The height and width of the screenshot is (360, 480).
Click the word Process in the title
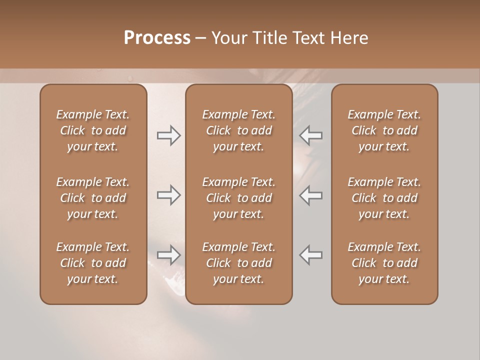click(x=157, y=38)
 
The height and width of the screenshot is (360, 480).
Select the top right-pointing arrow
click(x=169, y=135)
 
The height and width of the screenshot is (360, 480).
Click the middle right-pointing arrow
click(x=169, y=195)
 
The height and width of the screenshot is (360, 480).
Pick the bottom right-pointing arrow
click(x=169, y=255)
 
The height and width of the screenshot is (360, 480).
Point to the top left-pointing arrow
click(x=310, y=135)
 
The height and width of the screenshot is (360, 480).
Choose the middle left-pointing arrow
click(x=310, y=195)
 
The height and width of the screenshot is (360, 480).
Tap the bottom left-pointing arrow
click(x=310, y=255)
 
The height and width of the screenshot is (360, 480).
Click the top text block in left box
click(x=93, y=130)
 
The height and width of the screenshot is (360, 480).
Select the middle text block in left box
click(x=93, y=198)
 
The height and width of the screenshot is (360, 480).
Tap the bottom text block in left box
click(x=93, y=263)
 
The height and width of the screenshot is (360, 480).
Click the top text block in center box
click(x=238, y=130)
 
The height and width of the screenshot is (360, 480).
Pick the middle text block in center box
click(x=238, y=198)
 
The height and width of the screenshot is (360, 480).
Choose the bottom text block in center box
click(x=238, y=263)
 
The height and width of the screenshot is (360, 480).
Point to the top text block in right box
click(x=384, y=130)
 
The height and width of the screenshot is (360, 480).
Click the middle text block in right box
click(x=384, y=198)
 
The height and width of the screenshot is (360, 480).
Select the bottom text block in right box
click(x=384, y=263)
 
